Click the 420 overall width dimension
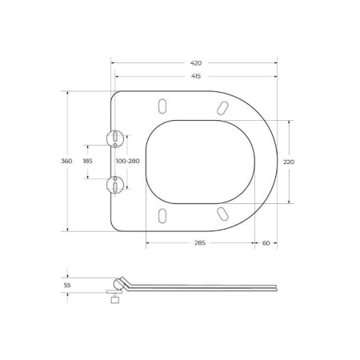[196, 62]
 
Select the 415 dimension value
[196, 75]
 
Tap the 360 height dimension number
[66, 161]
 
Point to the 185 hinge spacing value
[88, 161]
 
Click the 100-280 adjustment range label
[128, 161]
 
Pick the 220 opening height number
[289, 162]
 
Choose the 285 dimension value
[200, 242]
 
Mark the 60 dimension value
[266, 242]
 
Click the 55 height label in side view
[67, 284]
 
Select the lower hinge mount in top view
[116, 185]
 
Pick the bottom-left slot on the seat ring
[163, 214]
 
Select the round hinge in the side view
[119, 283]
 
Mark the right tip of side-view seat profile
[277, 286]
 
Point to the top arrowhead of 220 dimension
[289, 122]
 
